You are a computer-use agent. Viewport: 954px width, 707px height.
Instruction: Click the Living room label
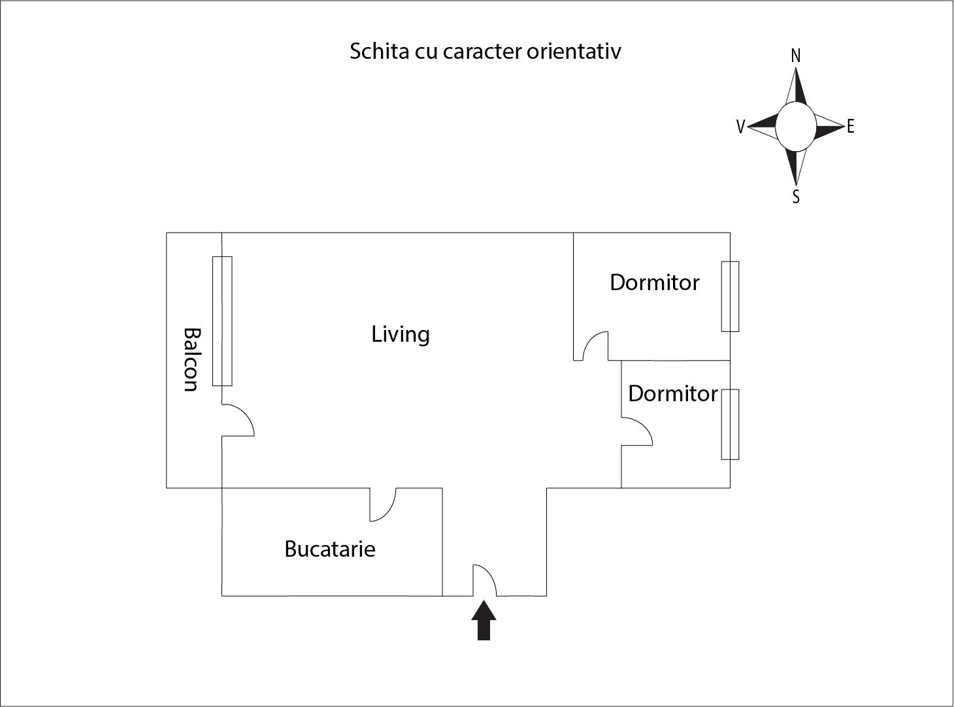(x=401, y=335)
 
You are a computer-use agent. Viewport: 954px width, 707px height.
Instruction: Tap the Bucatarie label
(x=330, y=549)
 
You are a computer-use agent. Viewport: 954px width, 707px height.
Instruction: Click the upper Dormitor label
(x=655, y=283)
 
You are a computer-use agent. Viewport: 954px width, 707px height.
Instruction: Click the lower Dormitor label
(x=673, y=394)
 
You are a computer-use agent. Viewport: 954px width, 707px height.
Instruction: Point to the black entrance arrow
(x=484, y=620)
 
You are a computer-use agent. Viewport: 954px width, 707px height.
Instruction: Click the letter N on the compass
(x=796, y=56)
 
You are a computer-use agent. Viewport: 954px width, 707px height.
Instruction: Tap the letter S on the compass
(x=796, y=197)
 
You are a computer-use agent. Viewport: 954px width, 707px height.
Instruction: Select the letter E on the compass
(x=850, y=127)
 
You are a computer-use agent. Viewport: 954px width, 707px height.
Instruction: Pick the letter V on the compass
(x=740, y=127)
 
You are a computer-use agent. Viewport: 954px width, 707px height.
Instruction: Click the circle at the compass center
(x=796, y=127)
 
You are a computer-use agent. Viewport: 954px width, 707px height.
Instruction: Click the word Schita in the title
(x=380, y=51)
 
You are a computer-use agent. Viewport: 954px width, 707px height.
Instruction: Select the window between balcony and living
(x=222, y=321)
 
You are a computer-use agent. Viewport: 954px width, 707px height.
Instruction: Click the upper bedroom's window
(x=730, y=297)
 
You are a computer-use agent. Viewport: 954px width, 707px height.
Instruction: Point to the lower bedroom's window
(x=730, y=424)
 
